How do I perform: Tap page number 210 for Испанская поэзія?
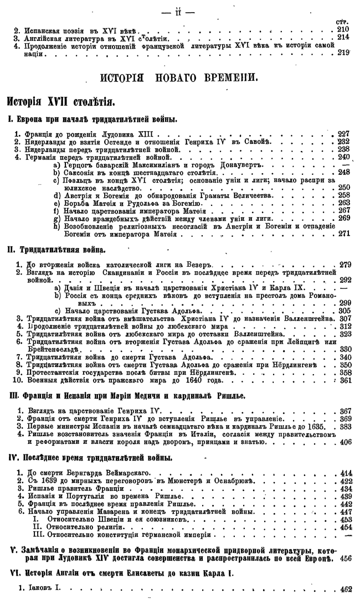344,29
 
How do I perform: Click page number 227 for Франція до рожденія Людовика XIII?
344,134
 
